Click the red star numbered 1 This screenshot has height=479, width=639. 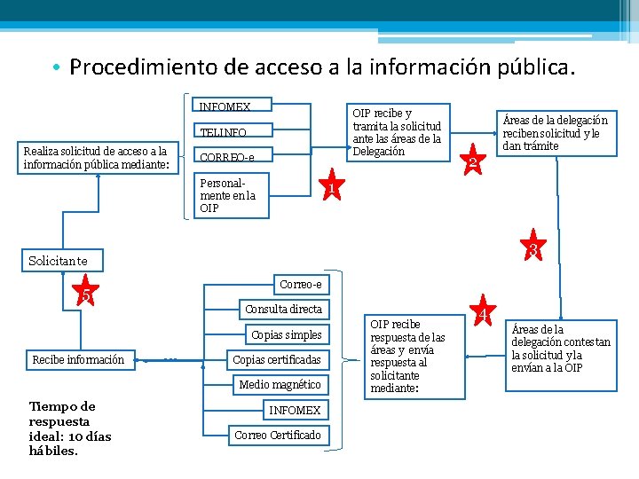[330, 188]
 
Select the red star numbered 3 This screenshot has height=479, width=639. [533, 248]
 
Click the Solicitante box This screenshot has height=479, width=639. [63, 260]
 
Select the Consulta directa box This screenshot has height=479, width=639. [284, 309]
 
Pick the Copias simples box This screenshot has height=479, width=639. [287, 334]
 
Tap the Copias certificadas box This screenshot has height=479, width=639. [277, 359]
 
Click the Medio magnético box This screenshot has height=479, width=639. [280, 384]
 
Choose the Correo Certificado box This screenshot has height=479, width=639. [278, 435]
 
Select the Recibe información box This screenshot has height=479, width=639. [78, 359]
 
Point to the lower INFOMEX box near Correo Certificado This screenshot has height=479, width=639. [295, 410]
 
